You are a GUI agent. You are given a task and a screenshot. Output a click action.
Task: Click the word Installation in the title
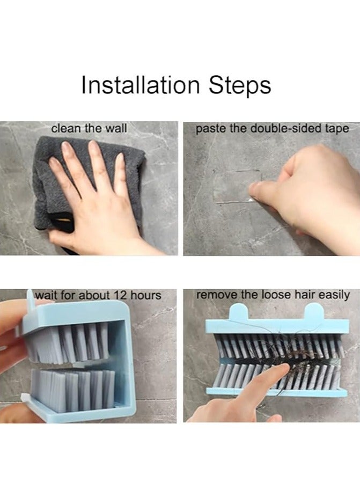pos(141,85)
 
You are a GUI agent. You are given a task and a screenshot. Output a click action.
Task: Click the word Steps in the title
pos(240,85)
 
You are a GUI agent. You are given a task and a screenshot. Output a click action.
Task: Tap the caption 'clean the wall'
pos(89,128)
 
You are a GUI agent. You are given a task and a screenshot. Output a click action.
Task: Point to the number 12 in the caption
pos(120,295)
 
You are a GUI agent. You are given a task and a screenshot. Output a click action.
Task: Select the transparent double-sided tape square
pos(238,186)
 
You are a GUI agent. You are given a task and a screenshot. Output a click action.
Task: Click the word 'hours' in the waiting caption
pos(145,295)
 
